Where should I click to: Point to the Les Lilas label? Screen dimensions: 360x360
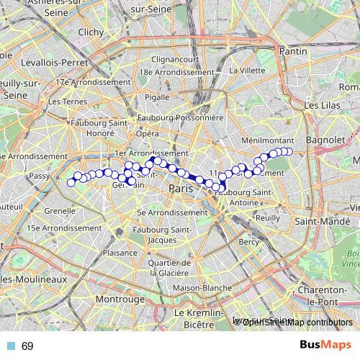[321, 105]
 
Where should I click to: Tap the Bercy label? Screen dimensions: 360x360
[248, 242]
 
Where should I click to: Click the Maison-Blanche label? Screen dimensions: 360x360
[198, 288]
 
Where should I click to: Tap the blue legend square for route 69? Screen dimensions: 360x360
[8, 346]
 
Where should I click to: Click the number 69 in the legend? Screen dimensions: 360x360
[27, 346]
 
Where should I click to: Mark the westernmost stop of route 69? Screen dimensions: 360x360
[71, 182]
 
